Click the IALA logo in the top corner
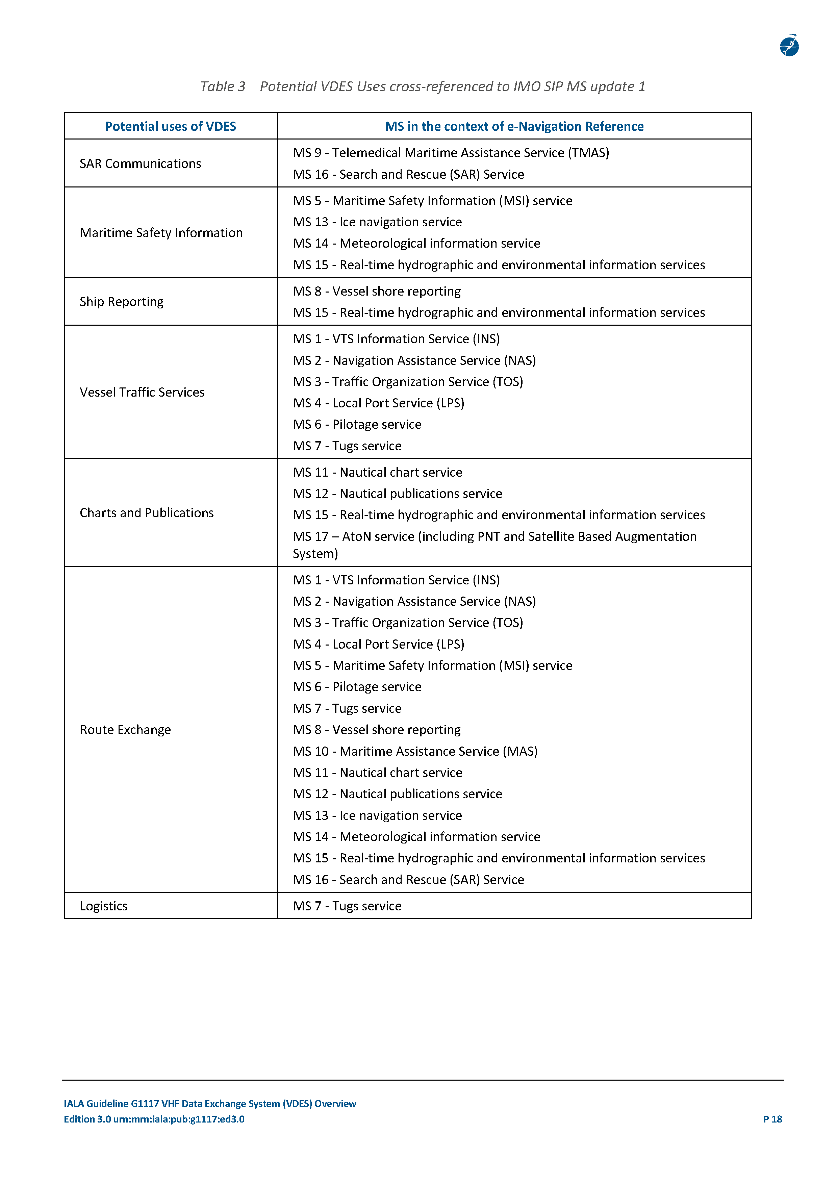[789, 45]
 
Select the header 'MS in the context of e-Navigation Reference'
[514, 126]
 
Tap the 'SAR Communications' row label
[141, 163]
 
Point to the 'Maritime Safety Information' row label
[161, 233]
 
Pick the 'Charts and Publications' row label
[147, 512]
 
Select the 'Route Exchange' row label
[125, 730]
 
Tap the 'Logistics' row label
[104, 906]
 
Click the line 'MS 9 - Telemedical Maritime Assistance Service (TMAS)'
[451, 153]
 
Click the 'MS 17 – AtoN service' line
[494, 537]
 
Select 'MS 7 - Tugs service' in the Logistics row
[347, 906]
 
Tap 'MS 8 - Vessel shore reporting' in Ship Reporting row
[377, 291]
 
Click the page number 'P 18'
[772, 1119]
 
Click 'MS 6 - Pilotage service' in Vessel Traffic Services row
[357, 424]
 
